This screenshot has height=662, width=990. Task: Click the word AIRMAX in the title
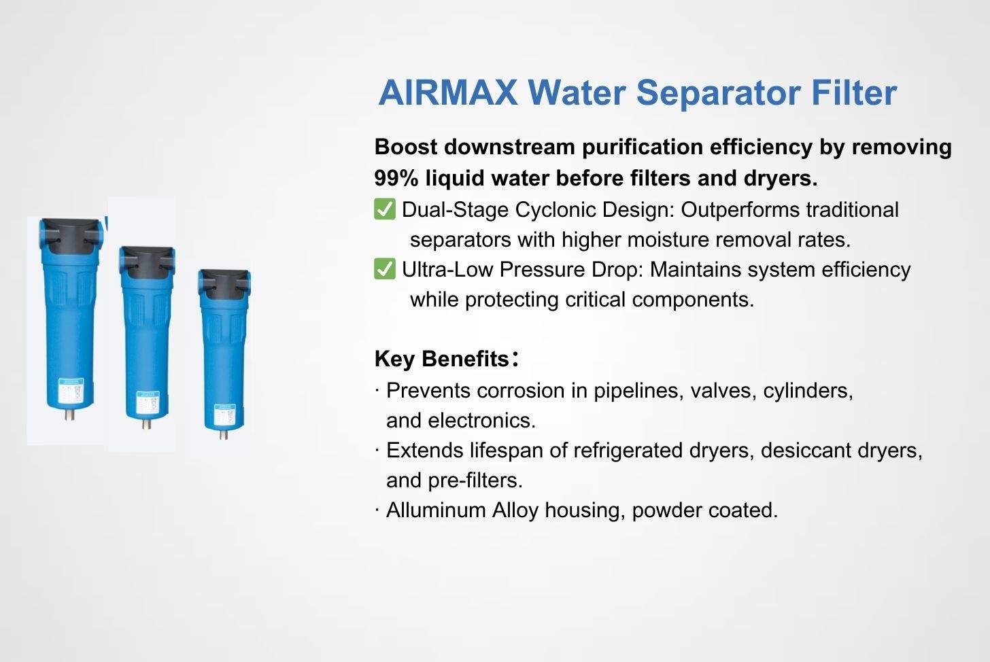(447, 92)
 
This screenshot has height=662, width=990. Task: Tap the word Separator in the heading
(718, 94)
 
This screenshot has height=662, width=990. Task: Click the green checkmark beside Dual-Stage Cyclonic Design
(385, 209)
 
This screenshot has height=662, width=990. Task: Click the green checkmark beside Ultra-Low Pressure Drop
(385, 268)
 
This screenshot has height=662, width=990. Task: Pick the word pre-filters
(475, 481)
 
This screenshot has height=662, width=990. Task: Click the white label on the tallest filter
(71, 390)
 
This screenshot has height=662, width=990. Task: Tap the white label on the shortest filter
(224, 415)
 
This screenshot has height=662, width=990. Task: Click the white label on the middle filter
(148, 402)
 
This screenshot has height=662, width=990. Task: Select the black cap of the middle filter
(147, 262)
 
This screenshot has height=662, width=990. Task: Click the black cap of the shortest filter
(224, 285)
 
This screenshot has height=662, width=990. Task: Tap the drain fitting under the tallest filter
(70, 415)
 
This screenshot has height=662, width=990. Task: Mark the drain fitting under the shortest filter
(224, 434)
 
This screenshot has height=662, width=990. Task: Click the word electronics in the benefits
(481, 420)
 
